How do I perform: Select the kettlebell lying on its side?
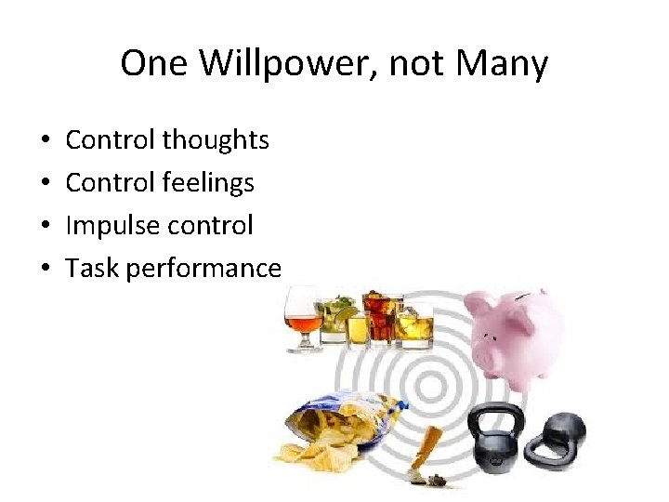[x=557, y=436]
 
